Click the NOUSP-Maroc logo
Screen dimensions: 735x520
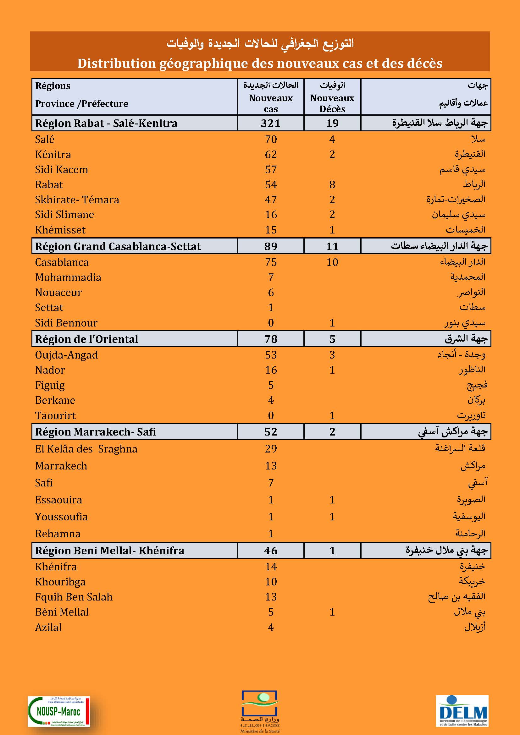point(58,711)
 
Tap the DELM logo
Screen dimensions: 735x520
point(462,711)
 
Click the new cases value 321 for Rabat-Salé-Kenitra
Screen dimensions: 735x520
point(271,123)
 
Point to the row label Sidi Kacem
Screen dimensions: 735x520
point(62,170)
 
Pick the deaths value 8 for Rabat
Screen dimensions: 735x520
point(332,185)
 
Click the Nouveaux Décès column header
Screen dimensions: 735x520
point(332,103)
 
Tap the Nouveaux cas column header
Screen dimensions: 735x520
point(271,103)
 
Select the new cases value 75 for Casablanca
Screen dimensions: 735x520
point(271,262)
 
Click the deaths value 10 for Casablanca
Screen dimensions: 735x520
point(332,262)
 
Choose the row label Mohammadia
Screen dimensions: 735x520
point(68,277)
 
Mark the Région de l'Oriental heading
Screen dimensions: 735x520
point(86,339)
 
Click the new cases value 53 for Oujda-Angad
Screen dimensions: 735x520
point(271,355)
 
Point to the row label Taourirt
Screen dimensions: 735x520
point(55,415)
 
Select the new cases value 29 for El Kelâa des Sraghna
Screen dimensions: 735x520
point(271,449)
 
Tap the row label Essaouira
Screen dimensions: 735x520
point(58,500)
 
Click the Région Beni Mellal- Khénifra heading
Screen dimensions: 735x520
point(109,550)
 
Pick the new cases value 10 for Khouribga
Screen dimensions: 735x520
point(271,582)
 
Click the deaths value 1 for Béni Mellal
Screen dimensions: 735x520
point(332,612)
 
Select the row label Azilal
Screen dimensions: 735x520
point(48,627)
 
